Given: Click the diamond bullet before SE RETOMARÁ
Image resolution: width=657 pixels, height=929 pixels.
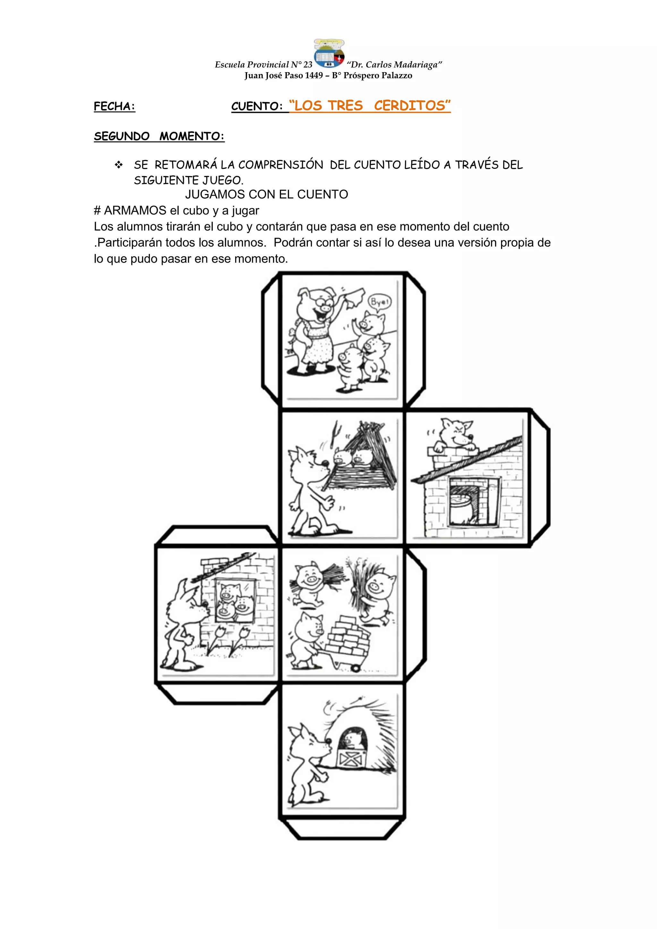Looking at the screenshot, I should click(x=118, y=165).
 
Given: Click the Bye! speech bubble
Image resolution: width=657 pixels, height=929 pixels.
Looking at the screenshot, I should click(x=379, y=302).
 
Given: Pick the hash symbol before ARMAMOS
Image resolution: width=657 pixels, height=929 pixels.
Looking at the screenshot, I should click(x=97, y=211).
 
